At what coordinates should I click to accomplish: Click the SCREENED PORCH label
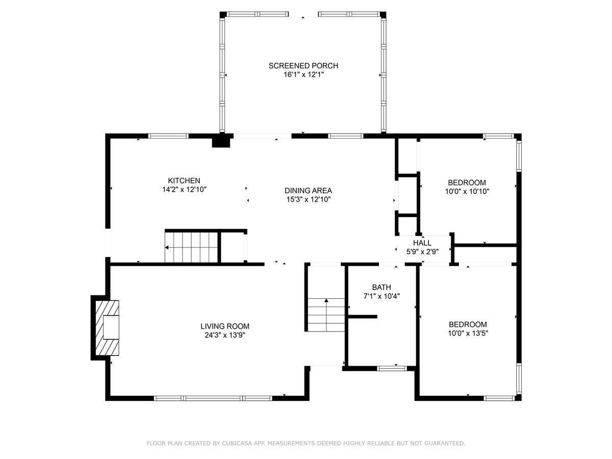pyautogui.click(x=303, y=66)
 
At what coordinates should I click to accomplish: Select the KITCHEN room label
pyautogui.click(x=184, y=181)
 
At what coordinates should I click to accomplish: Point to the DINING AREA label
pyautogui.click(x=308, y=191)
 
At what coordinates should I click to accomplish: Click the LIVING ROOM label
pyautogui.click(x=224, y=326)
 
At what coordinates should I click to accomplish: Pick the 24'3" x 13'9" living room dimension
pyautogui.click(x=224, y=335)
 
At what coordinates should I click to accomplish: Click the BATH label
pyautogui.click(x=381, y=287)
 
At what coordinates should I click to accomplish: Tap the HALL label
pyautogui.click(x=422, y=243)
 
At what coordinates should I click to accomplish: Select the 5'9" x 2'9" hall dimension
pyautogui.click(x=422, y=251)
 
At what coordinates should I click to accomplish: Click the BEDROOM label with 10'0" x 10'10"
pyautogui.click(x=467, y=183)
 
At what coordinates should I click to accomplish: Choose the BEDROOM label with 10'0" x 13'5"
pyautogui.click(x=468, y=324)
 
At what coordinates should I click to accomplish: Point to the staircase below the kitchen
pyautogui.click(x=191, y=247)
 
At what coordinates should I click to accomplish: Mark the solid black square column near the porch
pyautogui.click(x=221, y=141)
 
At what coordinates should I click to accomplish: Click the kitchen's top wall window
pyautogui.click(x=168, y=136)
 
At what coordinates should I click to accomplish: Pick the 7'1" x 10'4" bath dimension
pyautogui.click(x=381, y=296)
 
